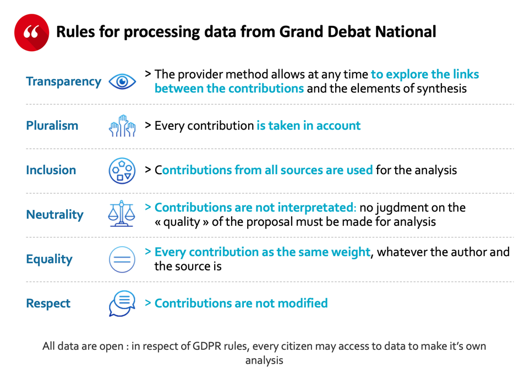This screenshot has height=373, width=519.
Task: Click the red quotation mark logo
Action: pos(31,32)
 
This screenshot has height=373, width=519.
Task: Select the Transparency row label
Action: pos(63,82)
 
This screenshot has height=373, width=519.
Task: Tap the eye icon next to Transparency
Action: pos(122,82)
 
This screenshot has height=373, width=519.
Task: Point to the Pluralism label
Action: pos(52,126)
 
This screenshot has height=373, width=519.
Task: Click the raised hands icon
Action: pos(122,126)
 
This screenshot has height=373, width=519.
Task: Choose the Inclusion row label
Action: pos(51,170)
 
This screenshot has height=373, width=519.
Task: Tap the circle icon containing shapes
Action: pos(122,170)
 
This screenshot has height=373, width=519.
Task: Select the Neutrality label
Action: pos(54,215)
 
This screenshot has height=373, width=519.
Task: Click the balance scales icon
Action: pos(122,214)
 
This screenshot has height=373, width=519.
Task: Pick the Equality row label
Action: pos(49,259)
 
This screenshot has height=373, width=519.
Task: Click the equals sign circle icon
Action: pos(122,259)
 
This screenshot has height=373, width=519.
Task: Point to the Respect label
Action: pos(48,304)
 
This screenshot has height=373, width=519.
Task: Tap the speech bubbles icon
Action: pos(122,304)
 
